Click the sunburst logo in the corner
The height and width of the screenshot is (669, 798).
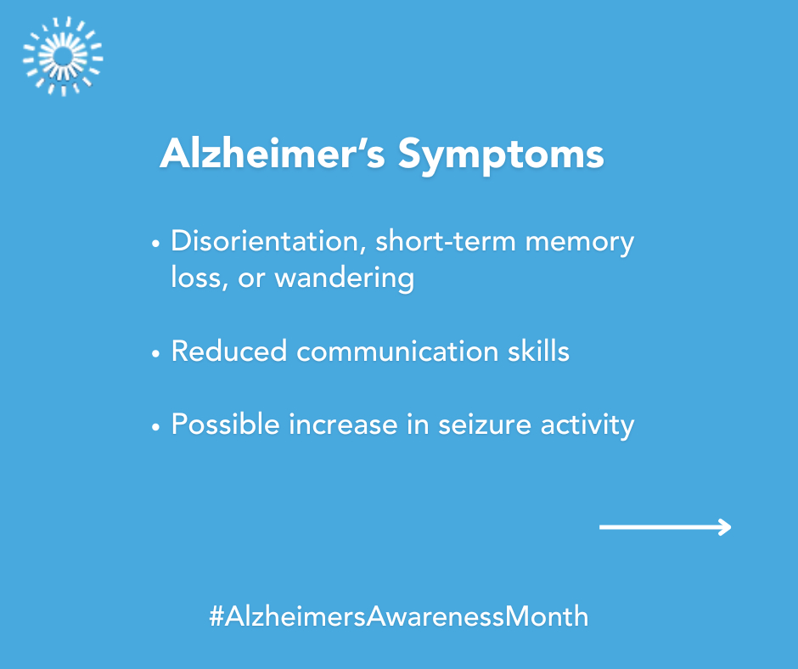point(63,57)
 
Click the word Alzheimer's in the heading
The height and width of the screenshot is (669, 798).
point(273,153)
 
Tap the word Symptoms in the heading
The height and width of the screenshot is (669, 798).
point(501,155)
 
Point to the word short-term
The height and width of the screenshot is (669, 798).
point(446,241)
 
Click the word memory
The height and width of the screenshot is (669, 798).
point(580,244)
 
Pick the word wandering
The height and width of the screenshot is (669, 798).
point(345,279)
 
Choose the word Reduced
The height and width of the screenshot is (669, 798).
point(229,351)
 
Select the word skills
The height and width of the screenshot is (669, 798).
point(538,351)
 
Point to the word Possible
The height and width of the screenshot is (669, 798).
point(226,424)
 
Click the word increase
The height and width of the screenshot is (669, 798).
point(343,424)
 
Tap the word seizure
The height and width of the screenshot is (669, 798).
point(485,424)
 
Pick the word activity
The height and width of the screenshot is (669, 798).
point(587,425)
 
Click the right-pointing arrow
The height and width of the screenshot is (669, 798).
point(666,527)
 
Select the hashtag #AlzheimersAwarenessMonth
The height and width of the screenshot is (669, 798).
point(398,616)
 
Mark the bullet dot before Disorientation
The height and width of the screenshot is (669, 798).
point(155,245)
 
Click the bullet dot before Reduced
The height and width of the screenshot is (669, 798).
point(155,353)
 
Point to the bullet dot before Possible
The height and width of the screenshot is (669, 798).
point(155,427)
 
